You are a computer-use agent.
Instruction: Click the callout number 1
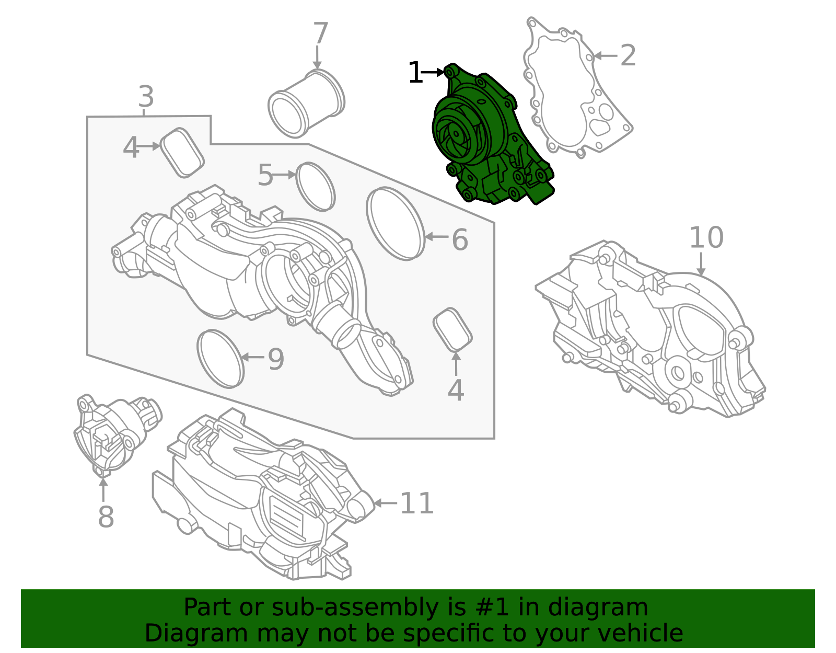point(415,72)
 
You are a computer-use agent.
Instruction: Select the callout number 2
point(628,56)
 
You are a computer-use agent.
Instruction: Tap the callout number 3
point(146,97)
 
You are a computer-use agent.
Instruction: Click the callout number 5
point(265,175)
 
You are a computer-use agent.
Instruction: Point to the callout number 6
point(460,240)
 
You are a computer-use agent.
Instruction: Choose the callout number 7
point(320,33)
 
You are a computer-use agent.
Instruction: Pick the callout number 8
point(106,517)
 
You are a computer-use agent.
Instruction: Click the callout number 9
point(276,359)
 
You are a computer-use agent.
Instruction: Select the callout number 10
point(706,237)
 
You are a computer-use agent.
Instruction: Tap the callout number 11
point(417,503)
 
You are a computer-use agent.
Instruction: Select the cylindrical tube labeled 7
point(306,103)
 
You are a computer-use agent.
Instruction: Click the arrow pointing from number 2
point(605,56)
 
